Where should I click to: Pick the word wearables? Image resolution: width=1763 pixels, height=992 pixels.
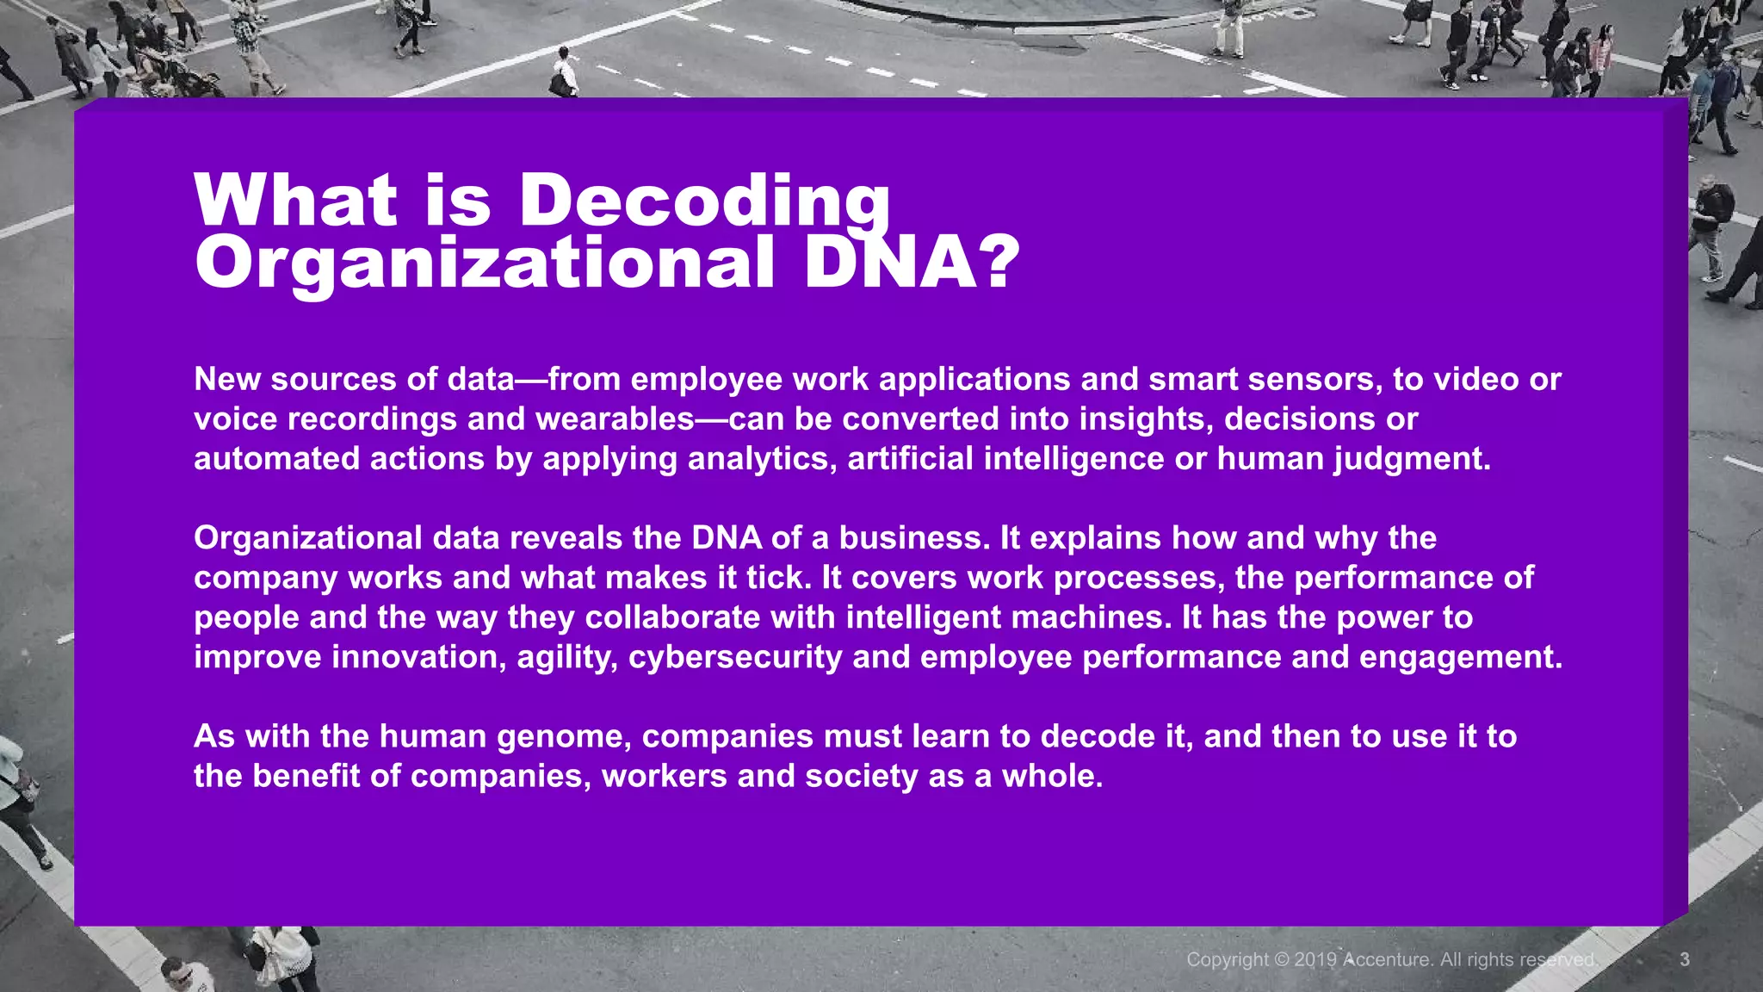click(615, 419)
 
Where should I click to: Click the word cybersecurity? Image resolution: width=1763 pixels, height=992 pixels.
click(735, 657)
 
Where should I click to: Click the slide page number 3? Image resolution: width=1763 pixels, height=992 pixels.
click(1685, 959)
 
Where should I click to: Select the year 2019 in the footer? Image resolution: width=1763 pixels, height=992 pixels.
click(1315, 959)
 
